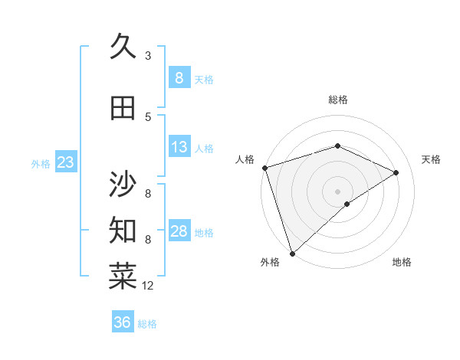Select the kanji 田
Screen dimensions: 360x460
click(x=123, y=108)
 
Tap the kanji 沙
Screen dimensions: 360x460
click(x=123, y=184)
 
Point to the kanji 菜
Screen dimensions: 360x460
click(x=123, y=277)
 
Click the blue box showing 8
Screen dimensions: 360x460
click(x=179, y=78)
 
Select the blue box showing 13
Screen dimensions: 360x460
click(x=179, y=147)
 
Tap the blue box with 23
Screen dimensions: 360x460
click(x=65, y=162)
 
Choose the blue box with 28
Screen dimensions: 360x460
click(x=179, y=231)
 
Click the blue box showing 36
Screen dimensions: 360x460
click(x=123, y=322)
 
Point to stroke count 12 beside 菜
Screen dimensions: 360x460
click(x=148, y=285)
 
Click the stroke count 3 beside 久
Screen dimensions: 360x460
click(x=148, y=55)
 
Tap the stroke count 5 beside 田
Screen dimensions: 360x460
click(x=148, y=116)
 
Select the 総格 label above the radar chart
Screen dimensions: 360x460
click(x=338, y=100)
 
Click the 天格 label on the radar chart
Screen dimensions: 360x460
click(x=432, y=159)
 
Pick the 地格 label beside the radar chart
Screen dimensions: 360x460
click(x=402, y=262)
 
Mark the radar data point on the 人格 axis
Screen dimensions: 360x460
click(x=264, y=168)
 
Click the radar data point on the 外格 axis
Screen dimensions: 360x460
click(x=292, y=253)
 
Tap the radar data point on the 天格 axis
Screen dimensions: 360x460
click(x=396, y=172)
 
